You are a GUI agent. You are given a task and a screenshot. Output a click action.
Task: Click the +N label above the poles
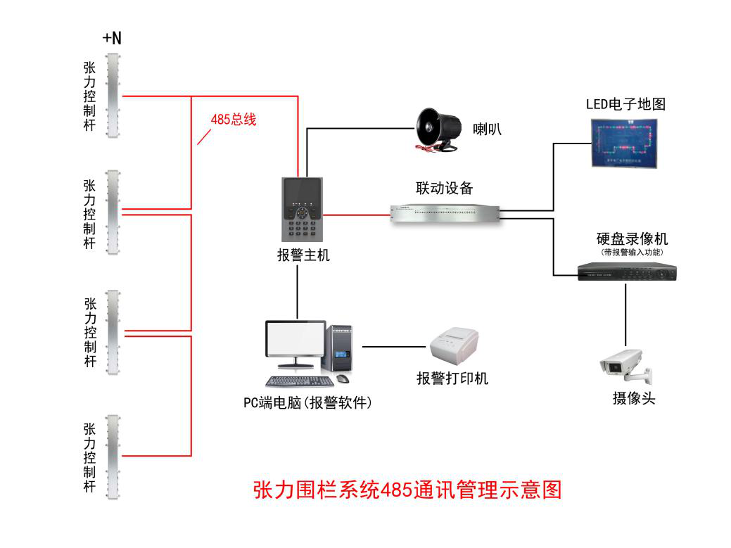coord(112,39)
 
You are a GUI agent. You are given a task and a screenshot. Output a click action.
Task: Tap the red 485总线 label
coord(234,119)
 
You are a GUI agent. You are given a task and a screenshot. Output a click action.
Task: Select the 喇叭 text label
coord(487,129)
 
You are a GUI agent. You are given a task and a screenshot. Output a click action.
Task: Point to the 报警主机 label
coord(303,256)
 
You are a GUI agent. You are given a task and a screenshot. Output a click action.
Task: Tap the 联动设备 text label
coord(444,188)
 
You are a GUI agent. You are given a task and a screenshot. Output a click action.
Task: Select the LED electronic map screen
coord(623,143)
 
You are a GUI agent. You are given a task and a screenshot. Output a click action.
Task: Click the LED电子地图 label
coord(625,104)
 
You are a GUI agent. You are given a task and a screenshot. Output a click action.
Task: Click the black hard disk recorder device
coord(626,272)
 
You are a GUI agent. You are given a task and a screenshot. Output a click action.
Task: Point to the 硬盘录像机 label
coord(632,239)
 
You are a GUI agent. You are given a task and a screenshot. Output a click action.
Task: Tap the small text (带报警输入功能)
coord(632,252)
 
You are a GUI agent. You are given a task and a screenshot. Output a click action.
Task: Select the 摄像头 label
coord(633,398)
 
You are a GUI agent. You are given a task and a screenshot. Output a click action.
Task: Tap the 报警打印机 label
coord(452,378)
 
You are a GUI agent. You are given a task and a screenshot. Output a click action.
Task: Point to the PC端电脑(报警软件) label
coord(307,403)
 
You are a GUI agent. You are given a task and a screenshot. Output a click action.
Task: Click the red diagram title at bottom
coord(407,489)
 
